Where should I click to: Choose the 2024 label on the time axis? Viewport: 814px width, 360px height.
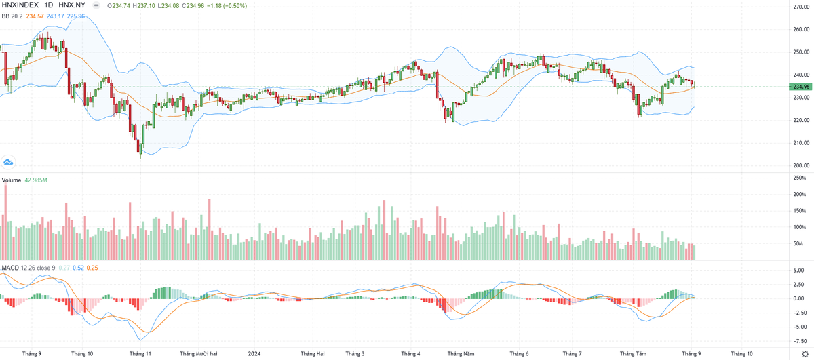click(254, 353)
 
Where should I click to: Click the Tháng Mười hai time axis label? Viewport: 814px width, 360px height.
click(199, 353)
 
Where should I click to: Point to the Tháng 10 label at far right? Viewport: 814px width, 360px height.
click(741, 353)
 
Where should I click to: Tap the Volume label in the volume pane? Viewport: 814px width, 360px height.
click(11, 180)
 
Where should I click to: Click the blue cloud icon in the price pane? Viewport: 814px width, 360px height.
click(8, 162)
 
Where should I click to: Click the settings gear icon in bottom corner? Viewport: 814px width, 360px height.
click(805, 354)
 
